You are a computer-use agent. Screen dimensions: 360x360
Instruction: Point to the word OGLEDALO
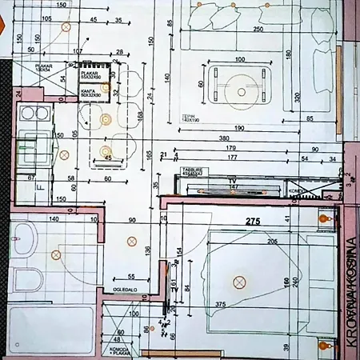126,289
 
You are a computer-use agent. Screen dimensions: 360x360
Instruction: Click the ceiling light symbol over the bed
238,281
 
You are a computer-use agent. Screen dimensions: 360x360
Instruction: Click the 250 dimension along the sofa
258,30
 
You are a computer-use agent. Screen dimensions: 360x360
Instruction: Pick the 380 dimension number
228,138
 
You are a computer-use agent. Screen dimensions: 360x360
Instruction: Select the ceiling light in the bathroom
56,255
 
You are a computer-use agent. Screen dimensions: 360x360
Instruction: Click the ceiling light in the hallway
132,241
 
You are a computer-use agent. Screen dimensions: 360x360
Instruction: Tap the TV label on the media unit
234,181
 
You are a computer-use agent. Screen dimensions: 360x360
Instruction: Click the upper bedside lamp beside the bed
324,218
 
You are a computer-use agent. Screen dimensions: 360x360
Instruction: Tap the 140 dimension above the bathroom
54,218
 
